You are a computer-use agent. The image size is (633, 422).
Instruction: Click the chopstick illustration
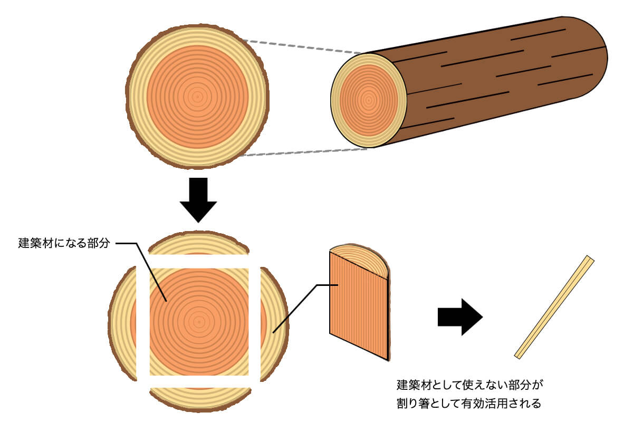click(554, 308)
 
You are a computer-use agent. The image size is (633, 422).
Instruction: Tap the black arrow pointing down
click(198, 200)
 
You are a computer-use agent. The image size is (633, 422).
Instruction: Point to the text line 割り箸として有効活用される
click(469, 404)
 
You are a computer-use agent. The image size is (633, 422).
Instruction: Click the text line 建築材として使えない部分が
click(469, 383)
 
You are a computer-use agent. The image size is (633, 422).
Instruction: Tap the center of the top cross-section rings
click(197, 97)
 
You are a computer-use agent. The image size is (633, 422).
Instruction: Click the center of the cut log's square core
click(198, 321)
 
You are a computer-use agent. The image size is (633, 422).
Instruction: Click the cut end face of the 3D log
click(368, 100)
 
